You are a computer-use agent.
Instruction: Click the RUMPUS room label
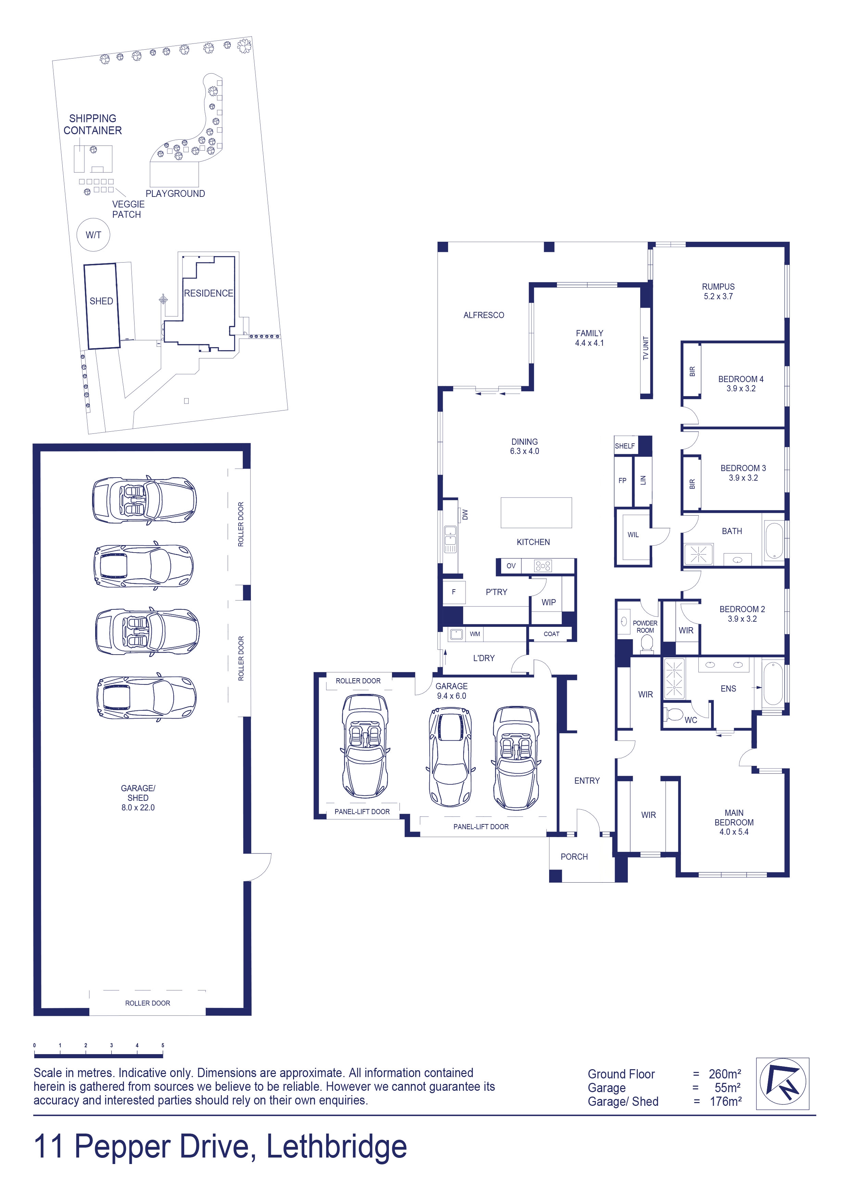718,287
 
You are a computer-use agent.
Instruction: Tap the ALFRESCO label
484,315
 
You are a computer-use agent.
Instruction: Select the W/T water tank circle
93,235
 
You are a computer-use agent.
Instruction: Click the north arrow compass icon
783,1083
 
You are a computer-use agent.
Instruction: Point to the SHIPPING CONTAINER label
92,125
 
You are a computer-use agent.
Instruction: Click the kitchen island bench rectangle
536,513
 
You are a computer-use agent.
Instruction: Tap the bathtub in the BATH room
774,540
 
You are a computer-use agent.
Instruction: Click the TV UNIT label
646,347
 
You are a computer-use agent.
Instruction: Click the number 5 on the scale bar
163,1045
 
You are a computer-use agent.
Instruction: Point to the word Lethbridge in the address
337,1147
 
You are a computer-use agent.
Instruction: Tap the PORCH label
574,856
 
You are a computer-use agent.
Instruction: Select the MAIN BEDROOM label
734,818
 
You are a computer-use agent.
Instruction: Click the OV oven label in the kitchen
511,566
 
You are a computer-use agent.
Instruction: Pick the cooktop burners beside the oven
543,566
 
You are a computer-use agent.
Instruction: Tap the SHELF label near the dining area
624,446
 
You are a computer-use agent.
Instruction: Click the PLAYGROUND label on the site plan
175,193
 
